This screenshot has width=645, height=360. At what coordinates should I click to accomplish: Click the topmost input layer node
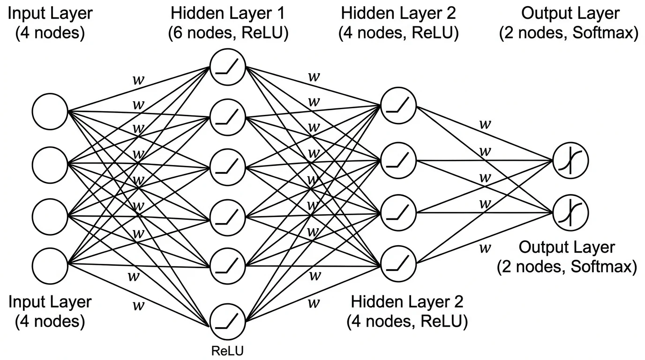(50, 112)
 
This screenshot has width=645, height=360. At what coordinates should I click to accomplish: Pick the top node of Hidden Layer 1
(228, 66)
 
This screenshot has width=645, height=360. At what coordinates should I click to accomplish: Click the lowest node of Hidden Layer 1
(228, 321)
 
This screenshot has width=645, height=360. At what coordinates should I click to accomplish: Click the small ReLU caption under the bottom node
(228, 350)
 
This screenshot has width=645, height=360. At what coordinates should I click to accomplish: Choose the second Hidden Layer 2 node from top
(399, 160)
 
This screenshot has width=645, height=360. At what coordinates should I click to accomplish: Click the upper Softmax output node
(570, 161)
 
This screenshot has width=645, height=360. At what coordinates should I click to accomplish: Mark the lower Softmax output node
(570, 213)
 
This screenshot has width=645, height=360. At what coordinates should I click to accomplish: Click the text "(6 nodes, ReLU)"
(228, 34)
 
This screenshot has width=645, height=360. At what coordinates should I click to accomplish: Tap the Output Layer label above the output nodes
(570, 13)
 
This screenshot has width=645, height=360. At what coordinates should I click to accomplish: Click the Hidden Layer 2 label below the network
(407, 301)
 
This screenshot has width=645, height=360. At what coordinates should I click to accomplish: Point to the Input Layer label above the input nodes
(50, 13)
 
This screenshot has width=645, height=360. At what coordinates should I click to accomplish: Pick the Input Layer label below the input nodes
(50, 301)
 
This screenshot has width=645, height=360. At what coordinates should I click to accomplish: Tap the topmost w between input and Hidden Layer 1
(138, 79)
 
